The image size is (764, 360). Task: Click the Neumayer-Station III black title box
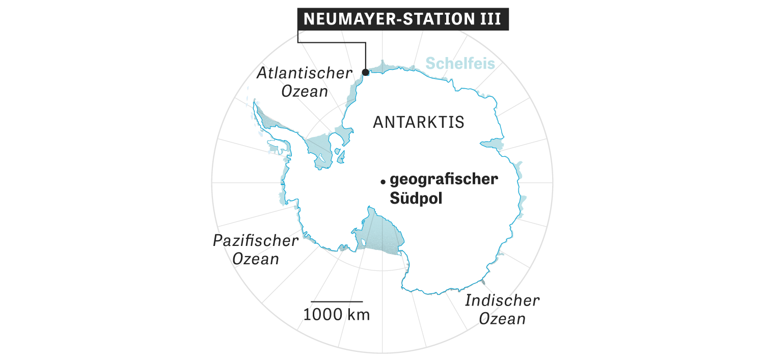click(403, 19)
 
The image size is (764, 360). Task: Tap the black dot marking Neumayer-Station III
click(365, 72)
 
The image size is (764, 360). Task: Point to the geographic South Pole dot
click(382, 181)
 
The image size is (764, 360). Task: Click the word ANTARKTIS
click(419, 123)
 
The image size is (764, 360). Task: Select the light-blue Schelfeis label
click(460, 64)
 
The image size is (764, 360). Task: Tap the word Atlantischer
click(304, 73)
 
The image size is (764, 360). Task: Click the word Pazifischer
click(255, 240)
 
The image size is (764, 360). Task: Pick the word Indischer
click(502, 300)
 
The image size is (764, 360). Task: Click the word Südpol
click(416, 198)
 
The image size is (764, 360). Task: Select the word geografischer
click(443, 180)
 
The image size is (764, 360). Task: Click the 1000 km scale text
click(337, 315)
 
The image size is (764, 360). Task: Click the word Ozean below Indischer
click(502, 319)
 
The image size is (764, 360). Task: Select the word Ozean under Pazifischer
click(256, 259)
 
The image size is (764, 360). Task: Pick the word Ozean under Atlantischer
click(306, 91)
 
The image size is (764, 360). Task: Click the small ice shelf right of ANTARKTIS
click(492, 143)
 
